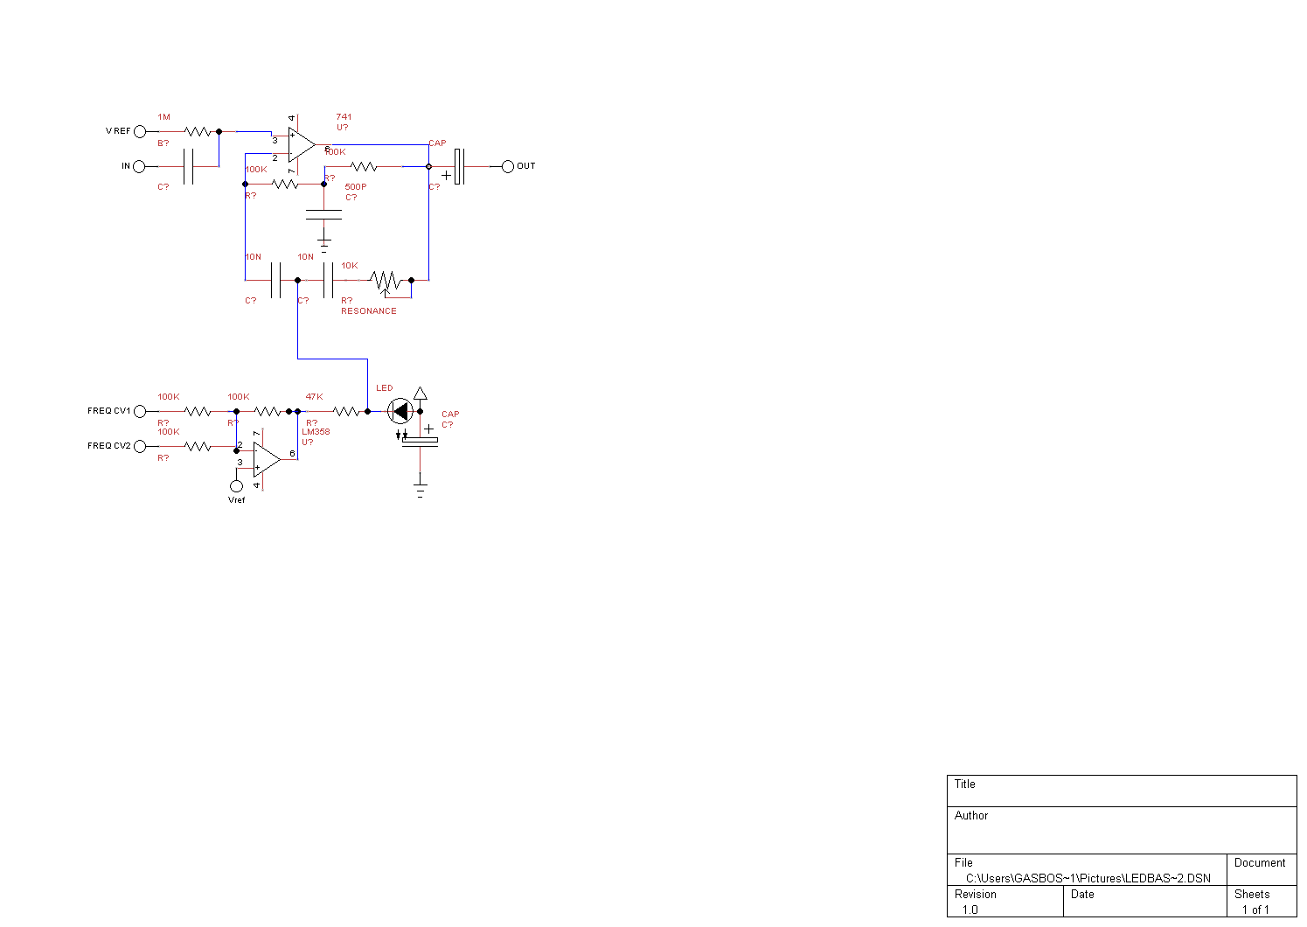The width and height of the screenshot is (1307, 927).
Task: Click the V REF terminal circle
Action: click(x=140, y=131)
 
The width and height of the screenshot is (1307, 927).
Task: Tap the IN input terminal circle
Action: click(x=139, y=166)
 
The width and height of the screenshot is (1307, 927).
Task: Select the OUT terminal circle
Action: click(x=508, y=166)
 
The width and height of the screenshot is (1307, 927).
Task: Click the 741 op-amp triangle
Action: click(x=301, y=145)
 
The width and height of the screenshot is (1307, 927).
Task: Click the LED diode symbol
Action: click(x=400, y=411)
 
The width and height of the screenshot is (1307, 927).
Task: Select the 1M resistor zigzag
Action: click(x=198, y=131)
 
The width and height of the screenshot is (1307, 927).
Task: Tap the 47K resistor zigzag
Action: click(x=346, y=411)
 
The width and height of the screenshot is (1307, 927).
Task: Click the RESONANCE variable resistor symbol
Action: click(x=386, y=281)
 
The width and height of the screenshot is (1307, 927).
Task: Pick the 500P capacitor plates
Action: click(x=323, y=214)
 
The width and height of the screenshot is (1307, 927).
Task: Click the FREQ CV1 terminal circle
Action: click(x=140, y=411)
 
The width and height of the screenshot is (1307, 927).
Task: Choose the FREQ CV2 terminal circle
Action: click(x=140, y=446)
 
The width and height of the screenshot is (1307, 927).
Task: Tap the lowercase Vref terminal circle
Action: click(x=236, y=486)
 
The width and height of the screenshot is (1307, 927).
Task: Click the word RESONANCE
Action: click(x=368, y=311)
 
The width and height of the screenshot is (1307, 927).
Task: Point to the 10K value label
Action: click(x=350, y=266)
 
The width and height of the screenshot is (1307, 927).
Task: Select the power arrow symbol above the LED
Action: click(x=421, y=394)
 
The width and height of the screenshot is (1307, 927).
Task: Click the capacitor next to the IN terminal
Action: click(x=189, y=166)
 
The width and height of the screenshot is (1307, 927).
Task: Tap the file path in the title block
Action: click(x=1088, y=878)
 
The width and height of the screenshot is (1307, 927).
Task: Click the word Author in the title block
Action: click(x=971, y=815)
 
